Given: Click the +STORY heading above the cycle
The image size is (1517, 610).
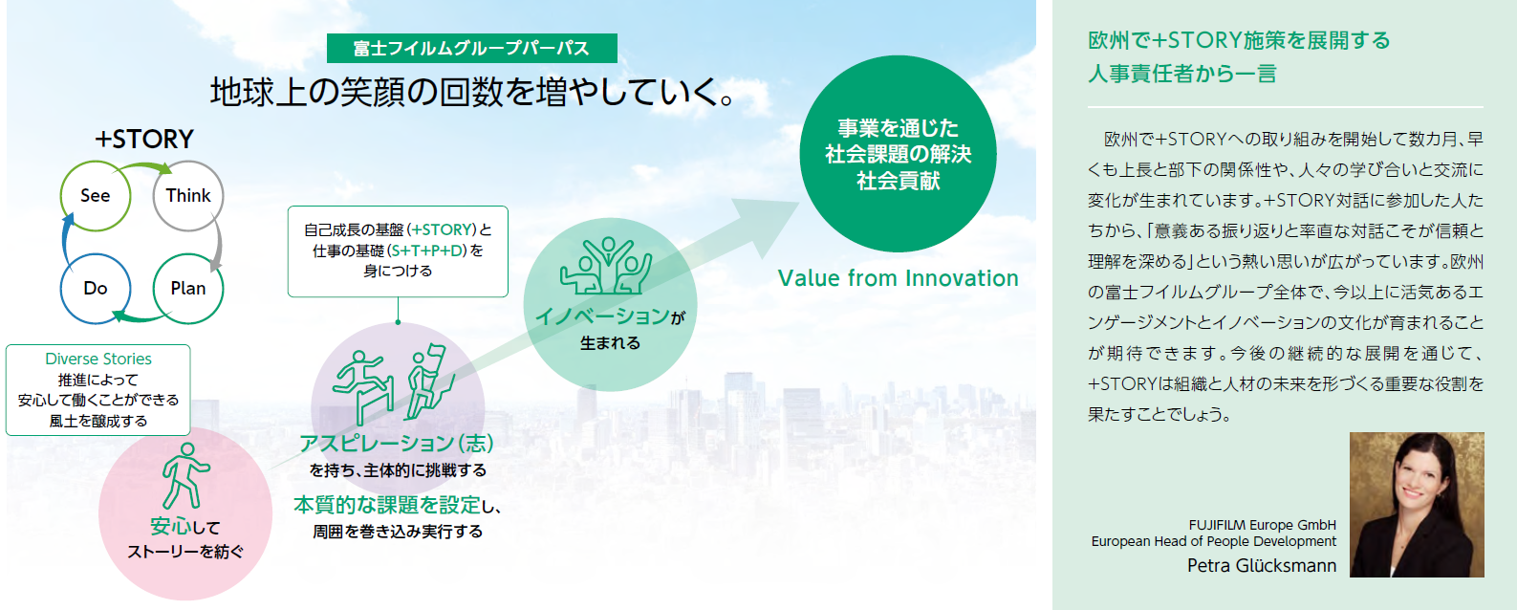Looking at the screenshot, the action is (x=144, y=139).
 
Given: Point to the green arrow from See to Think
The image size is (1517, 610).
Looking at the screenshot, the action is (x=145, y=165).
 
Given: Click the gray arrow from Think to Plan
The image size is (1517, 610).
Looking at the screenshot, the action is (x=218, y=243).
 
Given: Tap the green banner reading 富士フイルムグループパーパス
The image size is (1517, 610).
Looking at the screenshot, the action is (x=472, y=48).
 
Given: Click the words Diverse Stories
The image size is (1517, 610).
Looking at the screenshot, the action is (x=98, y=359).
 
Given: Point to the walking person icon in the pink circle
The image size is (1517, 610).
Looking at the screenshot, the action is (x=184, y=476).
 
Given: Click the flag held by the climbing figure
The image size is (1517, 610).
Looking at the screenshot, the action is (x=437, y=353).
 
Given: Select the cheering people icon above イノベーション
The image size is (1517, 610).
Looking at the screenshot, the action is (x=606, y=266).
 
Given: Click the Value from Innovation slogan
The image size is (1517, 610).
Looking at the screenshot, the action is (x=898, y=277).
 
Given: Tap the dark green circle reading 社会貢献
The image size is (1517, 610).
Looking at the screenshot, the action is (x=898, y=154).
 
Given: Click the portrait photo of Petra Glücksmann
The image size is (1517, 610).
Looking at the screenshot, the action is (x=1417, y=505).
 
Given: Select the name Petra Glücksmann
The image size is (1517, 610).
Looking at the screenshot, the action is (x=1262, y=565).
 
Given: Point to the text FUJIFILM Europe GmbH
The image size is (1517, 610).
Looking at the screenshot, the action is (x=1263, y=525).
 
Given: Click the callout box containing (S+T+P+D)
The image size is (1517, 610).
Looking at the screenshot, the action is (x=398, y=251).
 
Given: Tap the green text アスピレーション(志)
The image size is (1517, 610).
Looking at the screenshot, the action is (x=397, y=443).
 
